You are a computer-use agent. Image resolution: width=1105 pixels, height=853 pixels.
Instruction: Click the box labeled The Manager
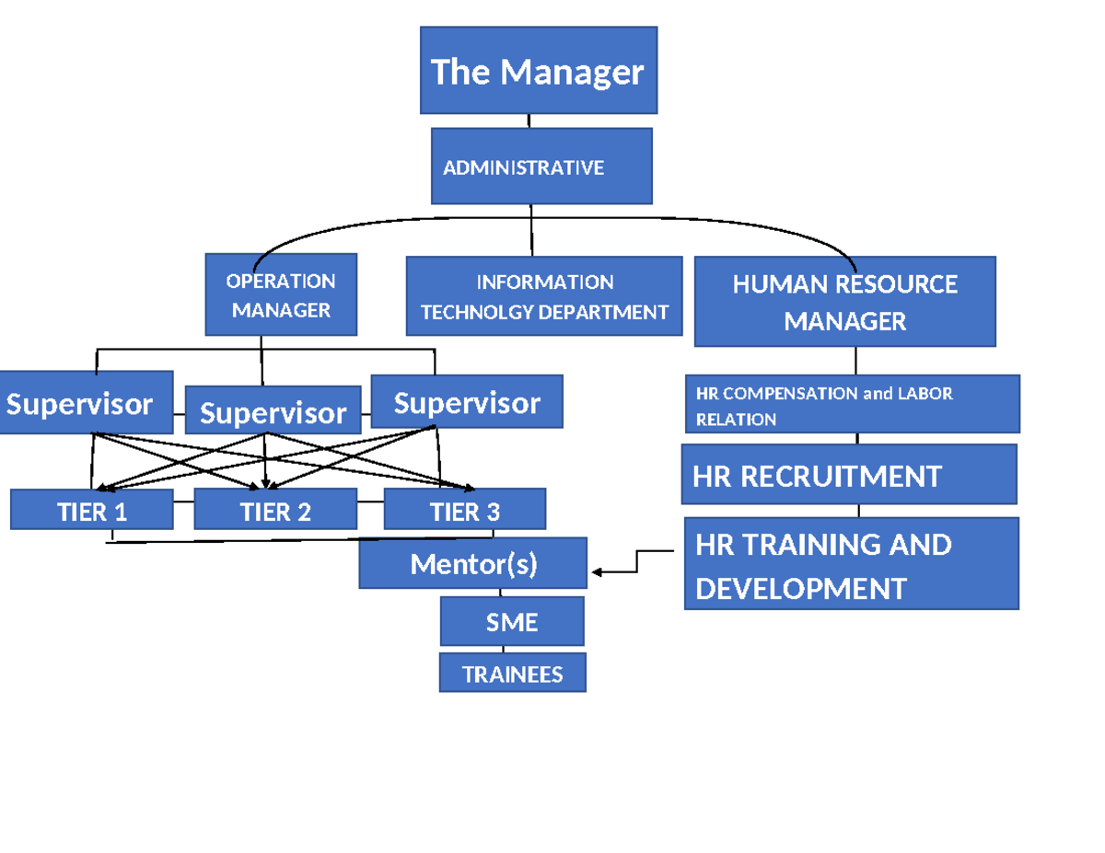click(x=539, y=71)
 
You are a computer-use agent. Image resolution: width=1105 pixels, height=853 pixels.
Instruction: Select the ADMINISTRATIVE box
click(x=541, y=167)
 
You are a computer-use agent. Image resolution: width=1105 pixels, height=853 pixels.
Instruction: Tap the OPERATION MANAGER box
click(x=281, y=295)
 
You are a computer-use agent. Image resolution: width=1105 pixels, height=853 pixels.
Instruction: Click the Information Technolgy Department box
click(x=544, y=296)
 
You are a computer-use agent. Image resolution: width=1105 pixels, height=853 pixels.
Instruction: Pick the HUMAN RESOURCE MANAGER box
click(x=844, y=302)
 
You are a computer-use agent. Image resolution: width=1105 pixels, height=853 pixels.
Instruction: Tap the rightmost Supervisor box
click(x=467, y=402)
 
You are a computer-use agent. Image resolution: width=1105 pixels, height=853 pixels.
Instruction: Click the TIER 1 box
click(x=91, y=511)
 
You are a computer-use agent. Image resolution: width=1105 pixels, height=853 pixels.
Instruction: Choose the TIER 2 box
click(x=275, y=511)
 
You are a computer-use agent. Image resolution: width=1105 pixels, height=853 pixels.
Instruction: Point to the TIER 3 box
click(x=465, y=511)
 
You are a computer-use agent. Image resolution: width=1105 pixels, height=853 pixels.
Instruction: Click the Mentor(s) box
click(x=473, y=564)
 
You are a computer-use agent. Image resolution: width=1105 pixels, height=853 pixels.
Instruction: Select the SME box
click(x=512, y=623)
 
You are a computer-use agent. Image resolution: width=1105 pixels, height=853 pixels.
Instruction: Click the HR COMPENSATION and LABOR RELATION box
click(x=852, y=405)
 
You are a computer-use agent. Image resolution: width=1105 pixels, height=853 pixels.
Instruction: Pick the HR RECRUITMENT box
click(x=848, y=476)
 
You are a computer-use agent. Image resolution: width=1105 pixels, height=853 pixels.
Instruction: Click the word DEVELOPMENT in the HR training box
click(x=801, y=588)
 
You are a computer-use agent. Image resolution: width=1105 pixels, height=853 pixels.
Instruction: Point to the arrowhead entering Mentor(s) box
click(x=597, y=572)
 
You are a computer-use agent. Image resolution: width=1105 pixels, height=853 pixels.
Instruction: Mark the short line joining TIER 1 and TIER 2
click(x=184, y=502)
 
